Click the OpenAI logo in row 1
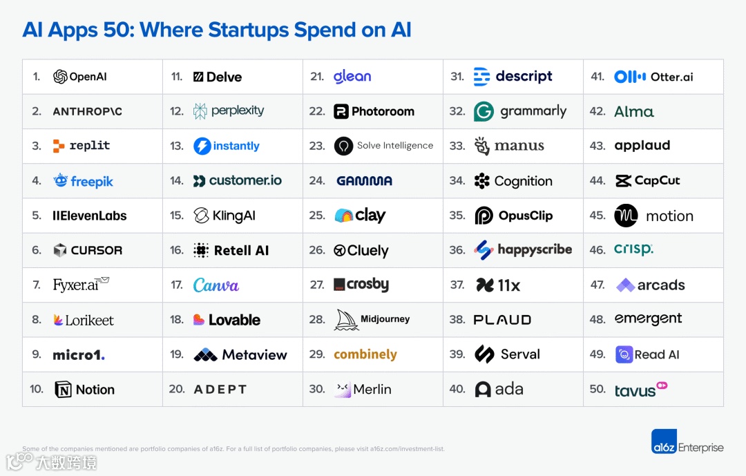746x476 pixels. point(61,77)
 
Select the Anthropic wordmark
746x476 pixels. point(87,111)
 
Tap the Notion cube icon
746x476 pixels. point(63,390)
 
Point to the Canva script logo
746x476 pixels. point(216,285)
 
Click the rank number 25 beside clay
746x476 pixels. point(317,216)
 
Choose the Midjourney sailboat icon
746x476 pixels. point(346,320)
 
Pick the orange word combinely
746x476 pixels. point(365,354)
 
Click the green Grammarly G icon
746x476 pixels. point(484,111)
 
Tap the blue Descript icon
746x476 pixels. point(481,77)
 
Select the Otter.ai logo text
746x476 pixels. point(671,77)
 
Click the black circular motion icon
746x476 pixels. point(626,216)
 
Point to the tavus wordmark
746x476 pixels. point(635,391)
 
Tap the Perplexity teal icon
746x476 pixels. point(200,111)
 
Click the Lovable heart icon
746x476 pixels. point(199,320)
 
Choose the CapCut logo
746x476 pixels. point(647,181)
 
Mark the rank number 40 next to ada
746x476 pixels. point(457,390)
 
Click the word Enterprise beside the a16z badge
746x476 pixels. point(700,448)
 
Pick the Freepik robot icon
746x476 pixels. point(61,181)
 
